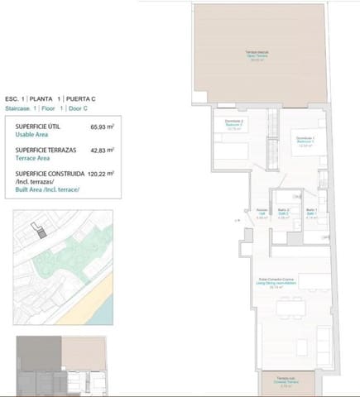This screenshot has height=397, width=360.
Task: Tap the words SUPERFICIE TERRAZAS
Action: [x=46, y=151]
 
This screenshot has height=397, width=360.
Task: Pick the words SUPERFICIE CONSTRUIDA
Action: [x=50, y=175]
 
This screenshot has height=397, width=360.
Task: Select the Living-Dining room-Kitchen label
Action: [x=288, y=284]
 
